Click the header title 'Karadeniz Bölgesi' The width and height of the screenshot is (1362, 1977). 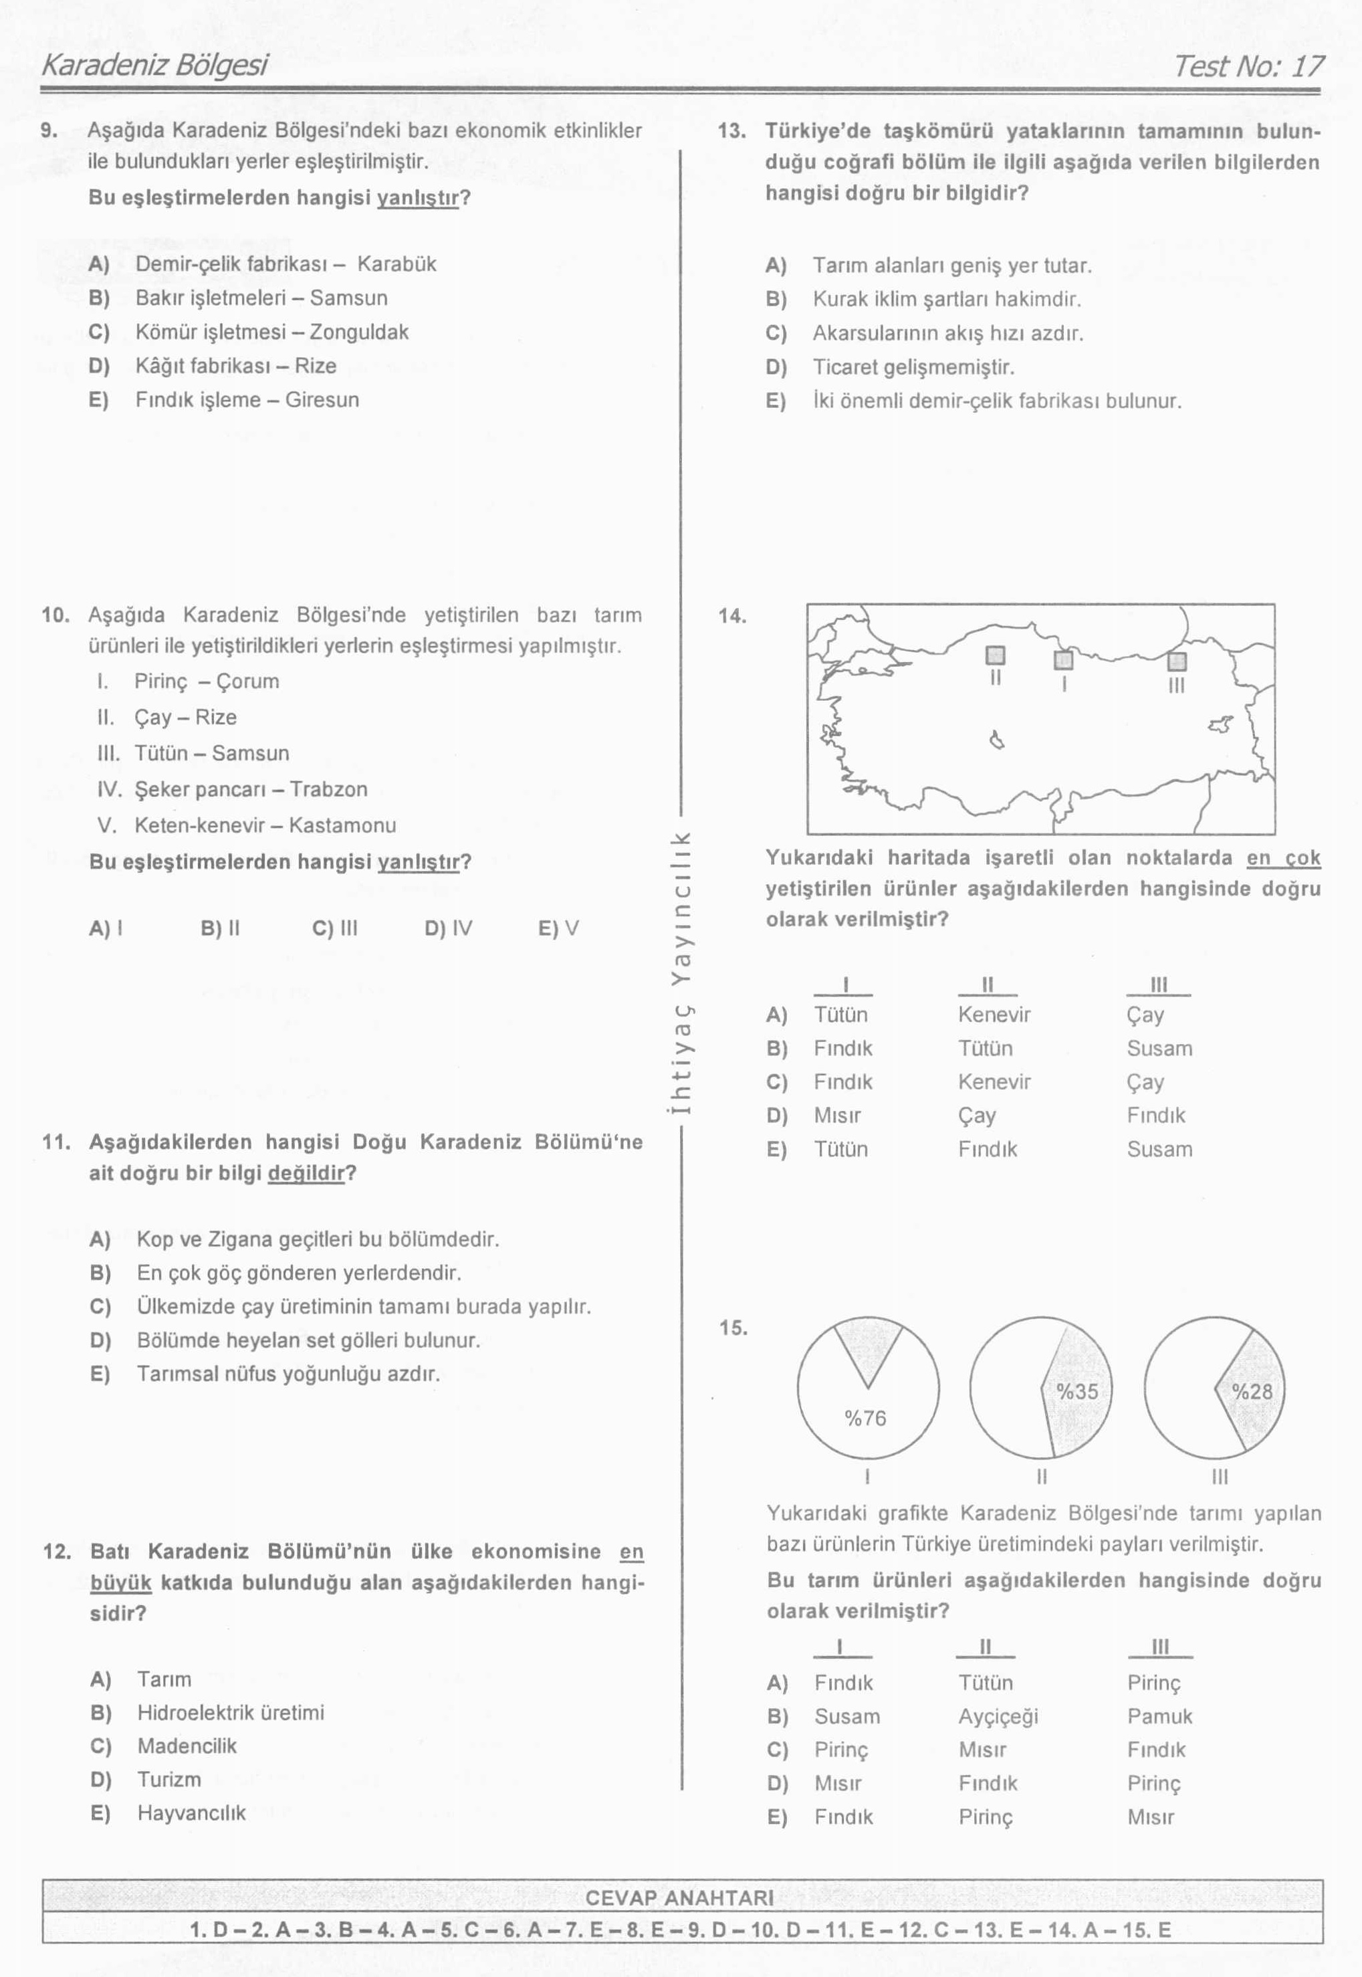[x=154, y=65]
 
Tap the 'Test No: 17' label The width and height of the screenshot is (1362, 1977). [x=1248, y=66]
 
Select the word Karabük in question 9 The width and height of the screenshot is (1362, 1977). [x=396, y=264]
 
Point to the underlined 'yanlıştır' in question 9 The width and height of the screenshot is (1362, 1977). [x=418, y=198]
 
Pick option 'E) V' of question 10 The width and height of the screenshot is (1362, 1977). [x=559, y=928]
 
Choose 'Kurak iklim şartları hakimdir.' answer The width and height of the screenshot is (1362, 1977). [x=946, y=299]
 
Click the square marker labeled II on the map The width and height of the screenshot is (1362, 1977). [x=995, y=655]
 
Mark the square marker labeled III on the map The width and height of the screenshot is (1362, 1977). [x=1177, y=661]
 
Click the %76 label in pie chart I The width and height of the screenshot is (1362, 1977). [x=865, y=1418]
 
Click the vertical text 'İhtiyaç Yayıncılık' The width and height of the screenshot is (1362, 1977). [x=680, y=972]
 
